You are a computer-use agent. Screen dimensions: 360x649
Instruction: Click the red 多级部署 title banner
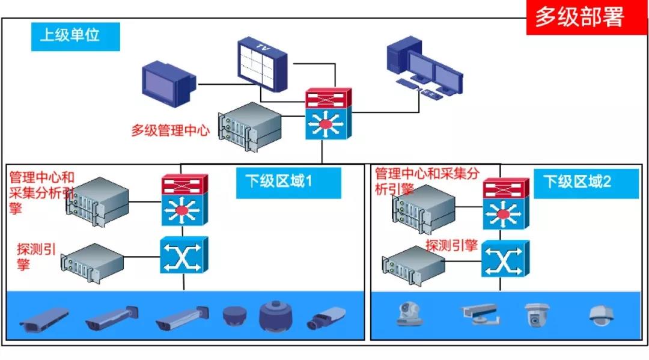[x=580, y=17]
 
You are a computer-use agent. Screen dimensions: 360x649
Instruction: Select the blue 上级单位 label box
[x=75, y=36]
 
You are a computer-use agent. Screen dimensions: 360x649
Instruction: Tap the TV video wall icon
[x=263, y=65]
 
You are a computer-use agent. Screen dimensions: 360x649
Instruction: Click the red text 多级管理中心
[x=170, y=130]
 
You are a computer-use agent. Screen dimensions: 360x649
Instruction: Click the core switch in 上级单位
[x=326, y=115]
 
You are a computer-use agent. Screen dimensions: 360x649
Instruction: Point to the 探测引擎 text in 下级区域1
[x=36, y=257]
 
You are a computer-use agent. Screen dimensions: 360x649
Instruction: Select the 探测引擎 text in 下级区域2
[x=451, y=245]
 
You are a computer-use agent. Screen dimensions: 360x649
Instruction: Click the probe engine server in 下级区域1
[x=93, y=261]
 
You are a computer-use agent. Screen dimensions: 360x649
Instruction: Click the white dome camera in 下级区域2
[x=601, y=315]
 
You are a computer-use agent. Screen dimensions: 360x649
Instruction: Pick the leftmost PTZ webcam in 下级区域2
[x=409, y=314]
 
